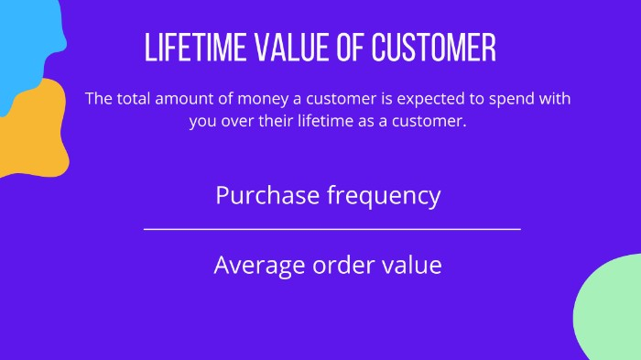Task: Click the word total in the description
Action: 133,99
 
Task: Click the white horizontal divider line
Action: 331,229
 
